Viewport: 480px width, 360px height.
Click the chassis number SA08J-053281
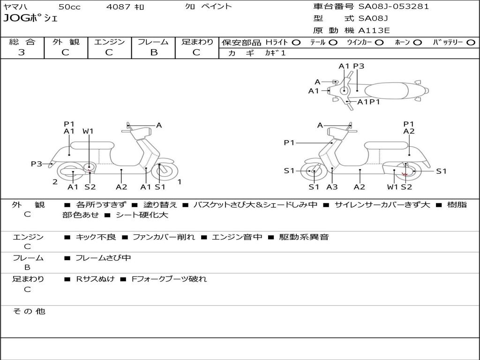pos(393,7)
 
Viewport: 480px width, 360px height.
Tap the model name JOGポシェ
pos(30,19)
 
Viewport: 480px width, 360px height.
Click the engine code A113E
pos(374,31)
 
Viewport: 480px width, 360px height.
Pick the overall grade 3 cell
pos(22,52)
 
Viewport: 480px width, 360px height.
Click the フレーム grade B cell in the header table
pos(154,52)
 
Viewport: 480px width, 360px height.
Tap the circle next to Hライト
pos(296,43)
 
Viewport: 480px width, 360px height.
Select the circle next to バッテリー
pos(471,43)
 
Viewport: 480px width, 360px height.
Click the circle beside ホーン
pos(417,43)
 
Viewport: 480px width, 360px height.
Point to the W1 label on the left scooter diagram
pos(88,131)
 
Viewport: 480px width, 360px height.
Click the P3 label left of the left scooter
pos(37,164)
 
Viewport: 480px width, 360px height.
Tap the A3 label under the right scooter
pos(332,187)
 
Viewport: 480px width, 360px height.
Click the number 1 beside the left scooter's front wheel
pos(180,181)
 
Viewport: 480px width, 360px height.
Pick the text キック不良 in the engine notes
pos(96,237)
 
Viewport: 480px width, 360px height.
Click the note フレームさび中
pos(103,258)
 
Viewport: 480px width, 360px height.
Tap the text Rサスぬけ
pos(95,279)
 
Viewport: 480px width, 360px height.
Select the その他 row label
pos(29,311)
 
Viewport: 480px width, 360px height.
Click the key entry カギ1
pos(275,53)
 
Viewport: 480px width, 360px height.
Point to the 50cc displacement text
pos(69,7)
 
